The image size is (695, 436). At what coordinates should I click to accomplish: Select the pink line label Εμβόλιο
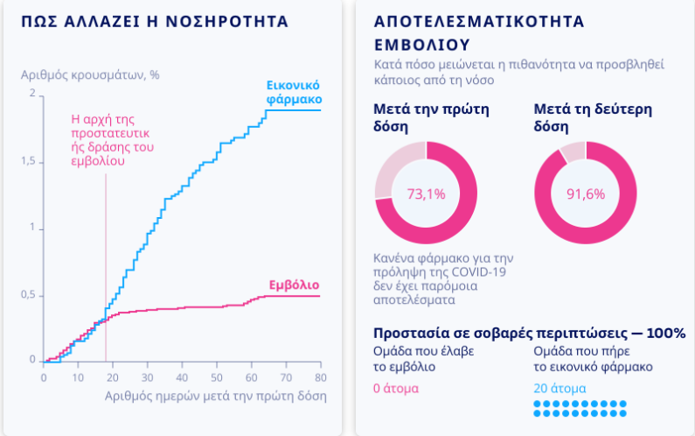tap(293, 285)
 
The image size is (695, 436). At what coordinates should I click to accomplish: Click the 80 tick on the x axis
tap(321, 377)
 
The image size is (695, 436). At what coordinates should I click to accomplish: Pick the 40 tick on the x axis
tap(182, 377)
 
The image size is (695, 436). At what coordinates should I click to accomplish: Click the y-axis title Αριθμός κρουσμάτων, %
tap(90, 74)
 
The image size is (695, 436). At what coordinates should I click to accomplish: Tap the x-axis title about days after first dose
tap(215, 396)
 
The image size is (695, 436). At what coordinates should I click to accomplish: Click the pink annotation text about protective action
tap(112, 140)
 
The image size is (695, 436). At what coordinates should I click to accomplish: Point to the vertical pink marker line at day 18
tap(106, 263)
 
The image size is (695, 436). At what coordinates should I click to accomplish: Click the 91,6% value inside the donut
tap(586, 193)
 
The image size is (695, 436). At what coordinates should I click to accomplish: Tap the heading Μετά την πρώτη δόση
tap(431, 118)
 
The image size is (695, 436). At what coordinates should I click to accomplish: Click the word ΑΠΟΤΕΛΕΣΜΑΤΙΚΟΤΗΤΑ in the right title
tap(478, 21)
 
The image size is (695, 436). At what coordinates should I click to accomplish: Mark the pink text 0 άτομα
tap(396, 388)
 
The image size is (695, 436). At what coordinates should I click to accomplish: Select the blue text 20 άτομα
tap(559, 388)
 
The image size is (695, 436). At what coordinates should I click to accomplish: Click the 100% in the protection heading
tap(667, 334)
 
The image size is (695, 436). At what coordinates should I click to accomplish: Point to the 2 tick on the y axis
tap(32, 94)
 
